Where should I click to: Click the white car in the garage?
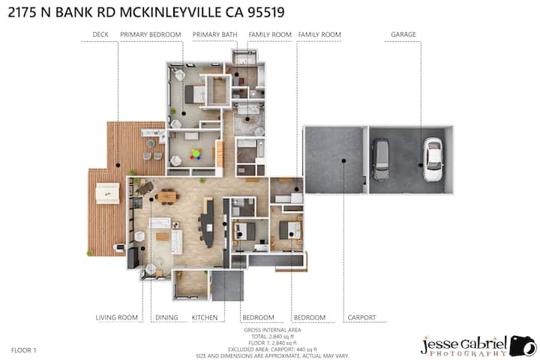(433, 160)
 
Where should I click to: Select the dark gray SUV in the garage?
(381, 160)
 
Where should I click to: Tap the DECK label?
(100, 34)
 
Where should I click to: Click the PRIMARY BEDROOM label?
(151, 34)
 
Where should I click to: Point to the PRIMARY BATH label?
(215, 34)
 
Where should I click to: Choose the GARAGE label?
(403, 34)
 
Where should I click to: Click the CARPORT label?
(361, 317)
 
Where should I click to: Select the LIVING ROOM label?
(117, 317)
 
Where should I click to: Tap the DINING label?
(166, 317)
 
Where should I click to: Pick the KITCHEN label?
(205, 317)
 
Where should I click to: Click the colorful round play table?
(196, 154)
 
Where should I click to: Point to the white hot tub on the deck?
(107, 193)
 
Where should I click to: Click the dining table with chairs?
(167, 196)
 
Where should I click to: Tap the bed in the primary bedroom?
(195, 94)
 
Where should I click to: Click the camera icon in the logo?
(523, 345)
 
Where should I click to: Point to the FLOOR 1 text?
(24, 350)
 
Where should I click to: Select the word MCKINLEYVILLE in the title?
(171, 13)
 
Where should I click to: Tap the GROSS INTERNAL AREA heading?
(272, 330)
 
